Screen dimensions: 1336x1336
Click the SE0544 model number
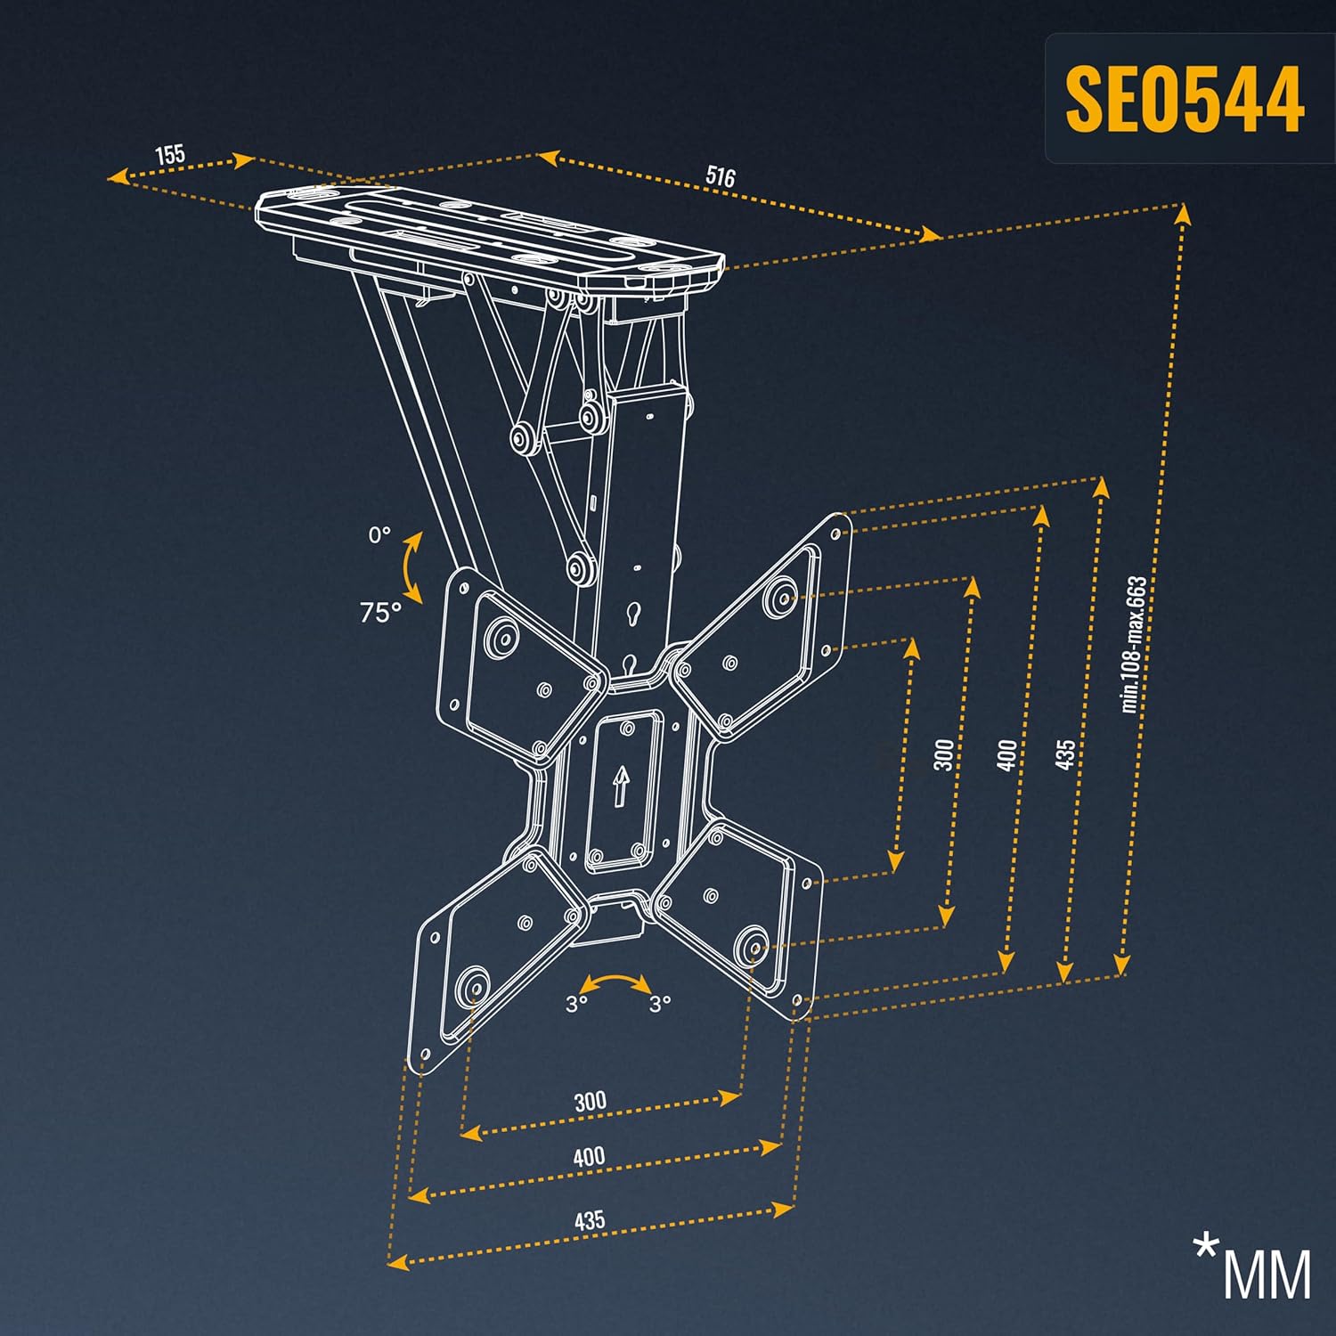pos(1185,98)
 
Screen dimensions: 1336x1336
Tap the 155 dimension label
pos(170,154)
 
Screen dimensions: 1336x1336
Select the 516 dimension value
pos(721,175)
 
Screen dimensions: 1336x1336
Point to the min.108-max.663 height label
pos(1135,644)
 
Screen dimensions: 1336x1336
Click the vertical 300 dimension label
pos(944,754)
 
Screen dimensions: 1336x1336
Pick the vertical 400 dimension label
pos(1006,755)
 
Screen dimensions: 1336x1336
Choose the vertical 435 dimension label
pos(1064,755)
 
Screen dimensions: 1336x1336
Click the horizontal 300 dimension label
pos(590,1102)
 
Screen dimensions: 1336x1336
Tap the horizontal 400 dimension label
pos(589,1157)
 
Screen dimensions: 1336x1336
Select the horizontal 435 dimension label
pos(590,1219)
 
